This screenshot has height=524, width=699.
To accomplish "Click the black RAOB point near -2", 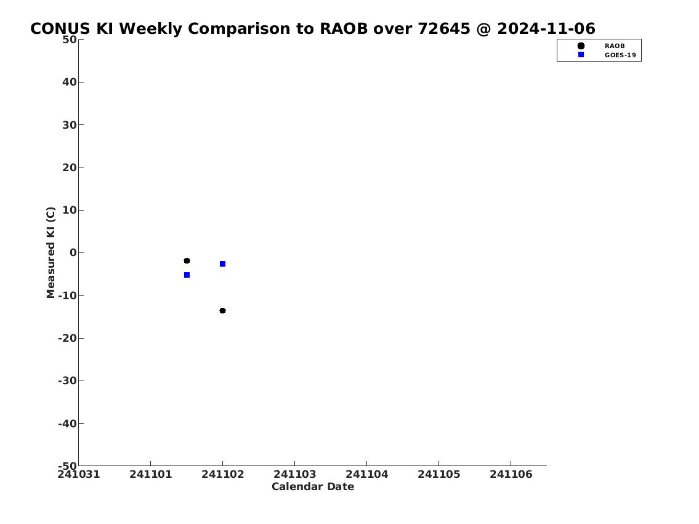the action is point(187,260).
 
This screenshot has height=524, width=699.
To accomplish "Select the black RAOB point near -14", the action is point(222,310).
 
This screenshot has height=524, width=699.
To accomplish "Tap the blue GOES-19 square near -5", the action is point(187,275).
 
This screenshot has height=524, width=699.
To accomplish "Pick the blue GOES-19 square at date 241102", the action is point(222,264).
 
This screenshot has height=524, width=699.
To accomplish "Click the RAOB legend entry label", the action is point(614,46).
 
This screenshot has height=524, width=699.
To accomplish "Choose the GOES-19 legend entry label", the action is point(620,55).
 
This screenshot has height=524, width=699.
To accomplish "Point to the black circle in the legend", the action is point(581,46).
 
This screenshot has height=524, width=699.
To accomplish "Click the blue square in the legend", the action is point(581,54).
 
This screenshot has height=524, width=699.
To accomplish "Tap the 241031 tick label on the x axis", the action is point(78,474).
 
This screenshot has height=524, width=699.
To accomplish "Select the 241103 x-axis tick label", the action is point(294,474).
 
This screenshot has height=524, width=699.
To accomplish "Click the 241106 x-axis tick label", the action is point(511,474).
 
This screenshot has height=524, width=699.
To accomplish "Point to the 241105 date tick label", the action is point(438,474).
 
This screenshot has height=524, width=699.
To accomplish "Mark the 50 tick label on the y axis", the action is point(70,39).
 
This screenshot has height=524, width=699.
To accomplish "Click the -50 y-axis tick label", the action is point(67,465).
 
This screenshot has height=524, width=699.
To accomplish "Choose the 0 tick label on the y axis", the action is point(73,252).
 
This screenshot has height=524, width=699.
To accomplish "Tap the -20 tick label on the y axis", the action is point(67,338).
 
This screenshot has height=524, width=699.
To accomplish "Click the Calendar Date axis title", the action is point(313,486).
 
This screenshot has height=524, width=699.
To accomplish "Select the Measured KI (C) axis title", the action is point(51,252).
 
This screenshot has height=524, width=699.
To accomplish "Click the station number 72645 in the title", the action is point(443,28).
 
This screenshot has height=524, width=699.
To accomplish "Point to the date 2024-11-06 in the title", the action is point(546,28).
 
